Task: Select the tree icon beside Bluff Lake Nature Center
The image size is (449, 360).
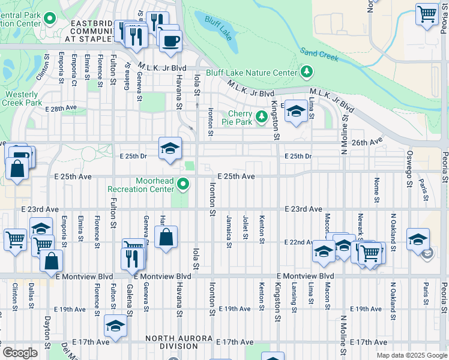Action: coord(307,73)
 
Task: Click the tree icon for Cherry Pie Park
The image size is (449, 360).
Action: coord(261,116)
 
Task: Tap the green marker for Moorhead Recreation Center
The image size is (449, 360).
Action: coord(184,185)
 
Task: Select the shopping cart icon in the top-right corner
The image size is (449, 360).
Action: coord(427,13)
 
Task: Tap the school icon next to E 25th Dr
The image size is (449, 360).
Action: coord(170,148)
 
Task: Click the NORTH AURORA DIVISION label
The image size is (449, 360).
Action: coord(179,342)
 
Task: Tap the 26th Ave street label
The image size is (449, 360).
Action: coord(367,142)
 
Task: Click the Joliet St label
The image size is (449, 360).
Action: coord(246,227)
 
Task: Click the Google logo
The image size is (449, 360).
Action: coord(20,352)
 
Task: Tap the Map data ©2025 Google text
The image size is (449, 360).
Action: coord(411,355)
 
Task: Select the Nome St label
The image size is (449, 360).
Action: coord(377,189)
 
